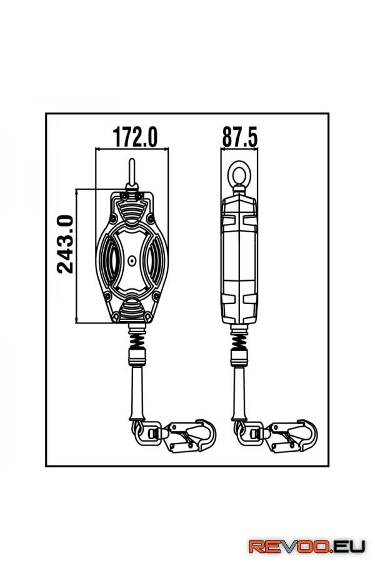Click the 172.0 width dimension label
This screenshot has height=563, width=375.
coord(135,137)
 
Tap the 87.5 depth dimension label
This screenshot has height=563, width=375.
coord(240,137)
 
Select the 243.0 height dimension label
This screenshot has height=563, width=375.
coord(65,244)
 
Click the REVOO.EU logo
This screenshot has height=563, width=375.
coord(307,547)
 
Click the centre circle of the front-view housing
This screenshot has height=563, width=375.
coord(132,261)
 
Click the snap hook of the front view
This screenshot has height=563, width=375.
coord(191,436)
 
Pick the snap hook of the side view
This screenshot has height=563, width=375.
coord(293,436)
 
